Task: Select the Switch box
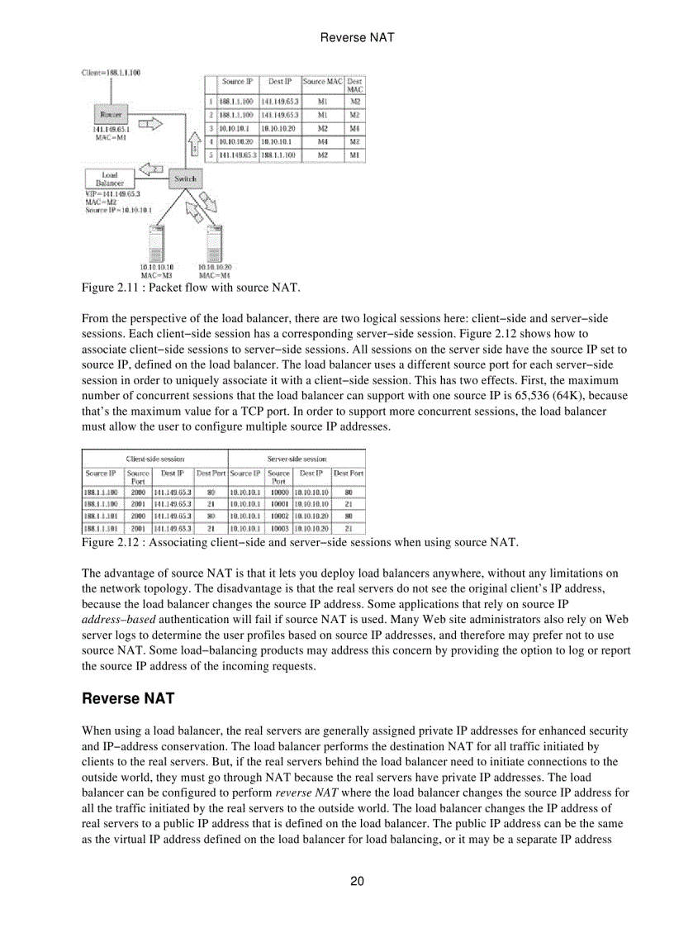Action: tap(185, 178)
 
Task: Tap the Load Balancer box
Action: tap(109, 179)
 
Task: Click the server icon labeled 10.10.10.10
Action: tap(156, 244)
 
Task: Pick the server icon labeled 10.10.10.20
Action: tap(215, 244)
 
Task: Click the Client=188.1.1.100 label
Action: tap(111, 73)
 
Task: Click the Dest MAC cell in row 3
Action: tap(354, 128)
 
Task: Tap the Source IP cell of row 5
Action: tap(239, 155)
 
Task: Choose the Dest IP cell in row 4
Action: tap(279, 141)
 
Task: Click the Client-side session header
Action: tap(154, 458)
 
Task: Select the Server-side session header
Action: tap(297, 458)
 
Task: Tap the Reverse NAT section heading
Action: tap(128, 699)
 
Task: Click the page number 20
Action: tap(357, 881)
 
